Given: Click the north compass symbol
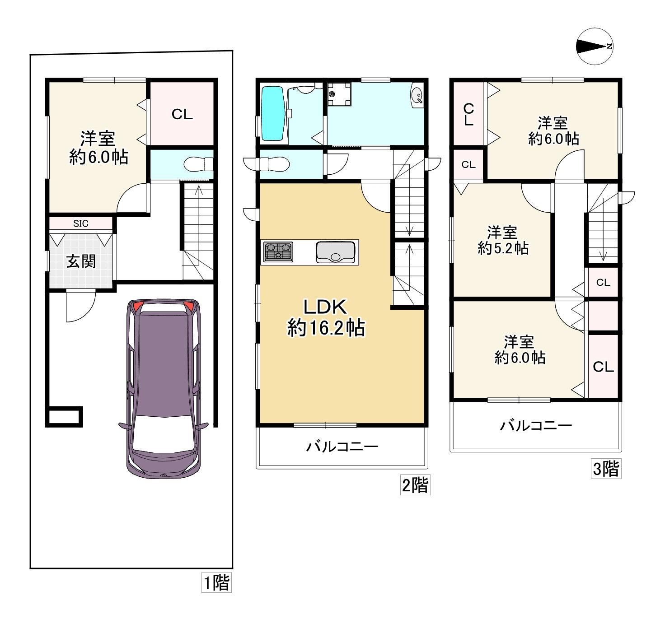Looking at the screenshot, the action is [x=595, y=47].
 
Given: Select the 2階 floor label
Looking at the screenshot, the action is [x=415, y=485].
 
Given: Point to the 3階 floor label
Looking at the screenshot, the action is [x=606, y=468].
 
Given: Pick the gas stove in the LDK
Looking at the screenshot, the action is [x=278, y=252].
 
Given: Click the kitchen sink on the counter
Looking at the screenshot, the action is [x=336, y=252].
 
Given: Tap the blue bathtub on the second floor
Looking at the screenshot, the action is [x=273, y=113].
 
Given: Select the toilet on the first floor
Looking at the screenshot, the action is [x=199, y=164].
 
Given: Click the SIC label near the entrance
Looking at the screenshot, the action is [x=81, y=223].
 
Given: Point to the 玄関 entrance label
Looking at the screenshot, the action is [x=81, y=261].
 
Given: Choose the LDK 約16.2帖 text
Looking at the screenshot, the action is [x=326, y=317].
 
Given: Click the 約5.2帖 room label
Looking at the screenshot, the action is [x=503, y=248].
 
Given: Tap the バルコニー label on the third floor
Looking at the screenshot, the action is [x=536, y=426].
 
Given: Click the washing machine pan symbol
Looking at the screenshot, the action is [x=339, y=94].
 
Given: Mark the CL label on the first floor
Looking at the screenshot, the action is [x=182, y=115].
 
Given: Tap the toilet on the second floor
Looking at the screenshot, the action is [x=273, y=164].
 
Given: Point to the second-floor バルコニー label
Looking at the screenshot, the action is [x=342, y=447].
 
